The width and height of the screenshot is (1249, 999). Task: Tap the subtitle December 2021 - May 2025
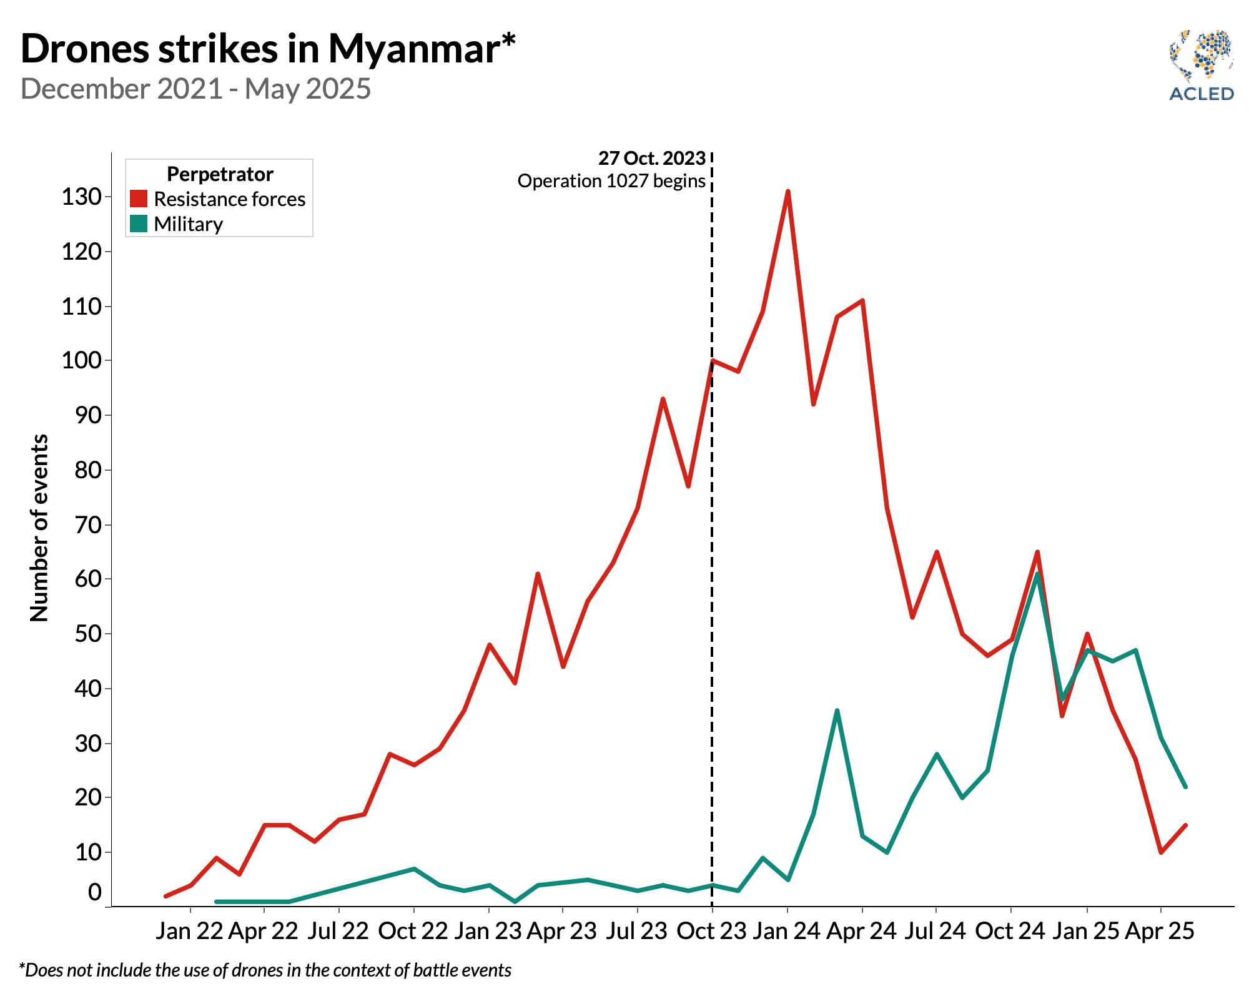click(195, 89)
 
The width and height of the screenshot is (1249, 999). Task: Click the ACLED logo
click(1201, 66)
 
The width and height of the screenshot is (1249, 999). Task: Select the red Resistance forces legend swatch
click(139, 199)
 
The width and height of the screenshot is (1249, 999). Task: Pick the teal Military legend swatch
click(139, 224)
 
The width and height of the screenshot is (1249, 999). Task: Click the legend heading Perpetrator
click(220, 174)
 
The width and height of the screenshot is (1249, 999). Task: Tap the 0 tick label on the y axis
click(95, 893)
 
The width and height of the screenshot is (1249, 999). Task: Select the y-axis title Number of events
click(39, 528)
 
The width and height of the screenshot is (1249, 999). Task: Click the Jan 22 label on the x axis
click(189, 931)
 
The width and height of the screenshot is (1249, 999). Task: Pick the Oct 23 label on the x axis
click(711, 931)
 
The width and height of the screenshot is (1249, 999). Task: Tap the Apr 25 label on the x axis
click(1160, 931)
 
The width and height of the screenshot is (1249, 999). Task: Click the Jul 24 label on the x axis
click(936, 931)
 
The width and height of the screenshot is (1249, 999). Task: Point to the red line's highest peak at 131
click(787, 192)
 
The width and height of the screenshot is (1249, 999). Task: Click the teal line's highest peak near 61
click(1037, 574)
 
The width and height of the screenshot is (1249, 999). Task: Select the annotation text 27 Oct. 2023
click(651, 159)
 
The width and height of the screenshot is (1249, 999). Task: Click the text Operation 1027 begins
click(611, 181)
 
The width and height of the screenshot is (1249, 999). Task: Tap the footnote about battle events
click(265, 970)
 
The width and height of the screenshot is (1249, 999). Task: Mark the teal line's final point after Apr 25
click(1185, 787)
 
